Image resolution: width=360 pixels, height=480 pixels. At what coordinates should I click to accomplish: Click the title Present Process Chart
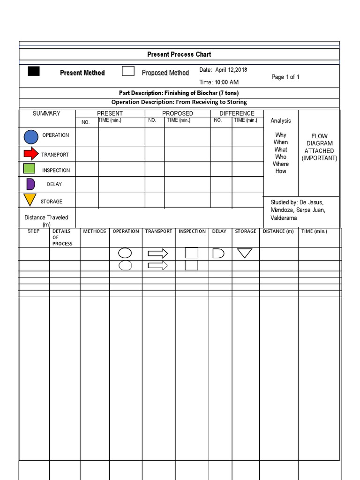[179, 54]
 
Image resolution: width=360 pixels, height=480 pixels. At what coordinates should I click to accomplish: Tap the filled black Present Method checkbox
[34, 71]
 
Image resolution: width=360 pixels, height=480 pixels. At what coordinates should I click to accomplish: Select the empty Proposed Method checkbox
[128, 71]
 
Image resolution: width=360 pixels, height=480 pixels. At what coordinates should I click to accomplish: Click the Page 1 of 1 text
[285, 77]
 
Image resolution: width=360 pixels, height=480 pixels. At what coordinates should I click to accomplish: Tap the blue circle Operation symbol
[30, 136]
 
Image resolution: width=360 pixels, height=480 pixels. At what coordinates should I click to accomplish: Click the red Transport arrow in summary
[31, 153]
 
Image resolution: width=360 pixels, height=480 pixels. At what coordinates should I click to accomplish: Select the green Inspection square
[29, 169]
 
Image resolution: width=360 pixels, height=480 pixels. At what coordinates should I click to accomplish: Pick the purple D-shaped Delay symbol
[30, 184]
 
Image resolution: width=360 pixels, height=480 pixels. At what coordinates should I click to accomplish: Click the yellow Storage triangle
[30, 200]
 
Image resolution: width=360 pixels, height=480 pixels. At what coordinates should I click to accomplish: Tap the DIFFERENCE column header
[237, 113]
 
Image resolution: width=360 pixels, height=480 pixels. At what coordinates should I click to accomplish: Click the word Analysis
[281, 120]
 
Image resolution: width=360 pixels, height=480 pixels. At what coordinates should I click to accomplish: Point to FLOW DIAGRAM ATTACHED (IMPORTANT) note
[319, 147]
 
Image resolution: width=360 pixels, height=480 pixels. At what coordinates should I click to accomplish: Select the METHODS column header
[95, 231]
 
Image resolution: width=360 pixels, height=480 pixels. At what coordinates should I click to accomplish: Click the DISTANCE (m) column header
[278, 231]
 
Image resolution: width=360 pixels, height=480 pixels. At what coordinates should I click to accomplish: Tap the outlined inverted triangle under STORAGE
[245, 253]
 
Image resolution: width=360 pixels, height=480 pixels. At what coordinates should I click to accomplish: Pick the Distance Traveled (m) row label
[46, 220]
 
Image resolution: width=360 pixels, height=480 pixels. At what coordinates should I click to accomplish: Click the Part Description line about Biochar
[179, 93]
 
